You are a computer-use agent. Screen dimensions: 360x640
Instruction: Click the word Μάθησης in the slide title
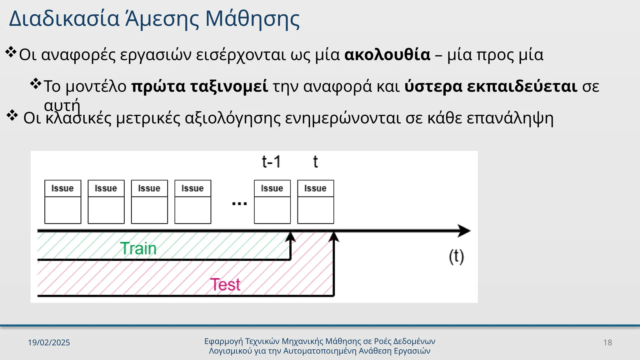(252, 19)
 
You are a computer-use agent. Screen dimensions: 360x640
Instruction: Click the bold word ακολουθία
(387, 55)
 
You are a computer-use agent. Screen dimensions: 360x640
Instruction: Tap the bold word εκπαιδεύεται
(491, 86)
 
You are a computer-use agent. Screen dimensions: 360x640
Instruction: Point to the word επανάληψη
(510, 118)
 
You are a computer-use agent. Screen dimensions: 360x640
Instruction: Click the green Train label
(138, 249)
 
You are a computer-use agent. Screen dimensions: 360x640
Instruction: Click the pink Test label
(225, 284)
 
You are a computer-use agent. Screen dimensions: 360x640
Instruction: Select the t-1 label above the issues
(271, 162)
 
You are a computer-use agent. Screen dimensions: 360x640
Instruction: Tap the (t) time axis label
(456, 257)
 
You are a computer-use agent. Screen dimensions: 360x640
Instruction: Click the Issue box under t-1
(272, 202)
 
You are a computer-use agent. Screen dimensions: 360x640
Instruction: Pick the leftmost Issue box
(63, 202)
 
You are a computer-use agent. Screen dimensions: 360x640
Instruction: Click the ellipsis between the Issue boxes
(239, 204)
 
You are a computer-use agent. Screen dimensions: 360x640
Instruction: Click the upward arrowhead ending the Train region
(291, 237)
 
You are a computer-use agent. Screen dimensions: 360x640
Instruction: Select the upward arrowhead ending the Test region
(334, 237)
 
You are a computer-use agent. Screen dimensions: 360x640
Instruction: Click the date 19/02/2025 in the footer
(49, 342)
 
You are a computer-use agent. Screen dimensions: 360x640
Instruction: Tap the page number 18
(607, 342)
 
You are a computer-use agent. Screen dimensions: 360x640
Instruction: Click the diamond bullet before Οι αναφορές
(11, 52)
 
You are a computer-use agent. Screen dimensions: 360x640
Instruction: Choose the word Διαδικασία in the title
(64, 19)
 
